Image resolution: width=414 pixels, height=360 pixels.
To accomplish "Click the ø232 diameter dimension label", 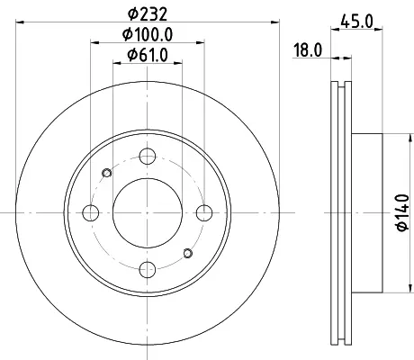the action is [148, 13].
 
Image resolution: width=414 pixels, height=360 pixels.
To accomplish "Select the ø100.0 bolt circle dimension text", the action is [148, 34].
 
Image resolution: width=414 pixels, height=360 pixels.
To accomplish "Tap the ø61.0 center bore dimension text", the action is [148, 55].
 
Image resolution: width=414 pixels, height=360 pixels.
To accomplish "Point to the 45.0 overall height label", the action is [356, 22].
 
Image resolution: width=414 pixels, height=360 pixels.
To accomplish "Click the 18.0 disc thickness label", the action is [307, 49].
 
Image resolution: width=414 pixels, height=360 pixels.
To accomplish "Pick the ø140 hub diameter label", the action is [403, 212].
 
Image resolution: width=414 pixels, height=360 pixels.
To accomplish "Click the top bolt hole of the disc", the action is [148, 156].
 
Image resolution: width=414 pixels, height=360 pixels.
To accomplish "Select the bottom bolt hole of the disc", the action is [148, 269].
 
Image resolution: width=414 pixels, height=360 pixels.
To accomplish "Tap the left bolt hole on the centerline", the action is [91, 212].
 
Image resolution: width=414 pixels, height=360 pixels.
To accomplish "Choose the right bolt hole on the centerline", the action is [204, 212].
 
